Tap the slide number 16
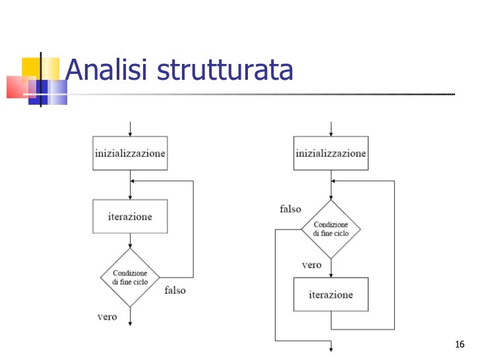coord(460,345)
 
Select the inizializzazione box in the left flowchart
coord(130,152)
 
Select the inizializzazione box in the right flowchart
coord(330,153)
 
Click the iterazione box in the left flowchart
coord(130,216)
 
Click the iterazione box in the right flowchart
coord(330,295)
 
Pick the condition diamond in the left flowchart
coord(130,278)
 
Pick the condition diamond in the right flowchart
coord(330,229)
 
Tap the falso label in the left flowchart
coord(175,290)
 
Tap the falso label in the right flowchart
coord(290,209)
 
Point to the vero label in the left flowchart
coord(107,317)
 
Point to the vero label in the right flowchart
coord(311,265)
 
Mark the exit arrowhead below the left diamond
coord(131,321)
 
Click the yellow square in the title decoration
coord(31,67)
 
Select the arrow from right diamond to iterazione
coord(331,268)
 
